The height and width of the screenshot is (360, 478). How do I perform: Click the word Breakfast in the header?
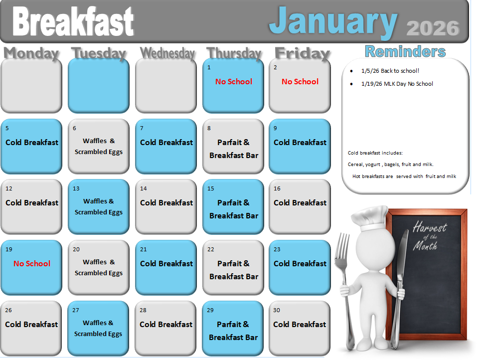[x=73, y=21]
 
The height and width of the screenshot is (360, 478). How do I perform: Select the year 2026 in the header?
[x=433, y=28]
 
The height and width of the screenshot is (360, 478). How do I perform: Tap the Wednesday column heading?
[x=167, y=53]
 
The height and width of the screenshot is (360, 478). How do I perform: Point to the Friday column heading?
[x=302, y=53]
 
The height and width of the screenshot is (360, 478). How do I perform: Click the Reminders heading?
[x=405, y=51]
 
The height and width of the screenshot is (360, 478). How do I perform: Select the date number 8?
[x=209, y=128]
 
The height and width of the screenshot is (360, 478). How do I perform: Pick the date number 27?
[x=76, y=310]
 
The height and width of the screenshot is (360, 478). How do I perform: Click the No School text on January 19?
[x=32, y=264]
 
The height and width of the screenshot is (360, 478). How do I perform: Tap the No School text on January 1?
[x=234, y=81]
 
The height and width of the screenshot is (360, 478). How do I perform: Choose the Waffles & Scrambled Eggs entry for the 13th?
[x=99, y=207]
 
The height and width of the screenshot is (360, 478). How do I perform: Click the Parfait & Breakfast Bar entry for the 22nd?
[x=233, y=270]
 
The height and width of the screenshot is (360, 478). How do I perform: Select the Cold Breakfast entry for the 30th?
[x=300, y=324]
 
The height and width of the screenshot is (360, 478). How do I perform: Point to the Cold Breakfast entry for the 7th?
[x=166, y=143]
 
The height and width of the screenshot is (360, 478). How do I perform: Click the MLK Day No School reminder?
[x=397, y=84]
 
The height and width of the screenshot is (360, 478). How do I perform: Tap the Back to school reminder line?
[x=390, y=71]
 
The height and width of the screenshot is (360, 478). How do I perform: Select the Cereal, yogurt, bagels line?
[x=390, y=165]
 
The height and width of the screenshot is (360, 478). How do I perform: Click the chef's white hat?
[x=370, y=217]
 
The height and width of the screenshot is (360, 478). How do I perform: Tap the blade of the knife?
[x=403, y=253]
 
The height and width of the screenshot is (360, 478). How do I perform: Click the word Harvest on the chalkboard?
[x=430, y=227]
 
